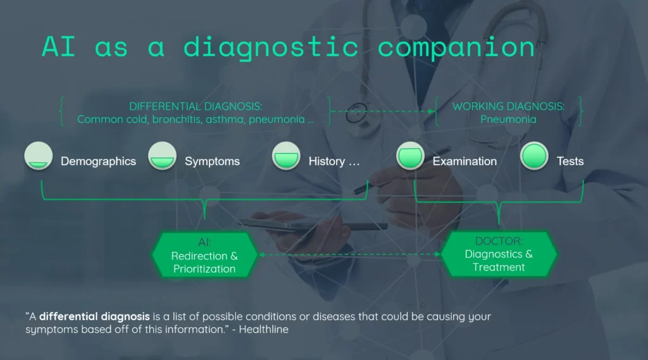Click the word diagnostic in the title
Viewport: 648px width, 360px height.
(271, 47)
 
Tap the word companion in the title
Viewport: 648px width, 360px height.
(456, 47)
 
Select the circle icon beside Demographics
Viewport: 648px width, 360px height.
(39, 156)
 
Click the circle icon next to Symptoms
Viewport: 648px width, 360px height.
(163, 156)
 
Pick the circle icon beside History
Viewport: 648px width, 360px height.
(286, 156)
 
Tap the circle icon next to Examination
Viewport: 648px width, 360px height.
(410, 156)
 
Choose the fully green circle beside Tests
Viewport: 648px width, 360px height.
(534, 156)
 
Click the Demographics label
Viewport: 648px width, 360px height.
(98, 161)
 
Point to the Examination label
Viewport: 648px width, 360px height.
(464, 161)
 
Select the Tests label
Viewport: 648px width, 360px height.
(570, 161)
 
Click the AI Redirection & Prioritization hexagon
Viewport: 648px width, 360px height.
(204, 254)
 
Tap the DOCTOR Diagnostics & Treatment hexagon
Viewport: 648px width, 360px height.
(499, 254)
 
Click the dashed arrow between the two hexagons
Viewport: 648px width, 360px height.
(349, 254)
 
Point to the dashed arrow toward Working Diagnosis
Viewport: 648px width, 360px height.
(383, 111)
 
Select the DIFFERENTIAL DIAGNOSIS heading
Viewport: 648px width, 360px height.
(196, 106)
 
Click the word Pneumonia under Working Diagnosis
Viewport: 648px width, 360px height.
(508, 119)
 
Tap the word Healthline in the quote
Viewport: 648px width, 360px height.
(264, 330)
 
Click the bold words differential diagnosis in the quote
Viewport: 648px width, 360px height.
(94, 316)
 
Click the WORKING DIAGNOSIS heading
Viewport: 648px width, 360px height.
(508, 106)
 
